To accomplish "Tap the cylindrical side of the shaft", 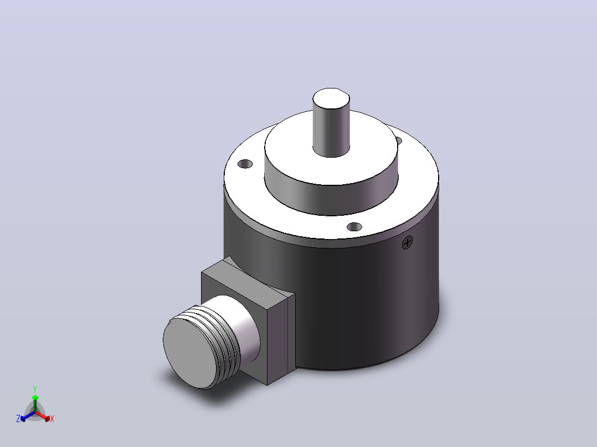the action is (331, 133).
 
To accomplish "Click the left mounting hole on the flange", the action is (245, 164).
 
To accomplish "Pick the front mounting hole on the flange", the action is (354, 227).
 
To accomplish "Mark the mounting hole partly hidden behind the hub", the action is (399, 141).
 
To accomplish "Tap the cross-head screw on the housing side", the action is (408, 242).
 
